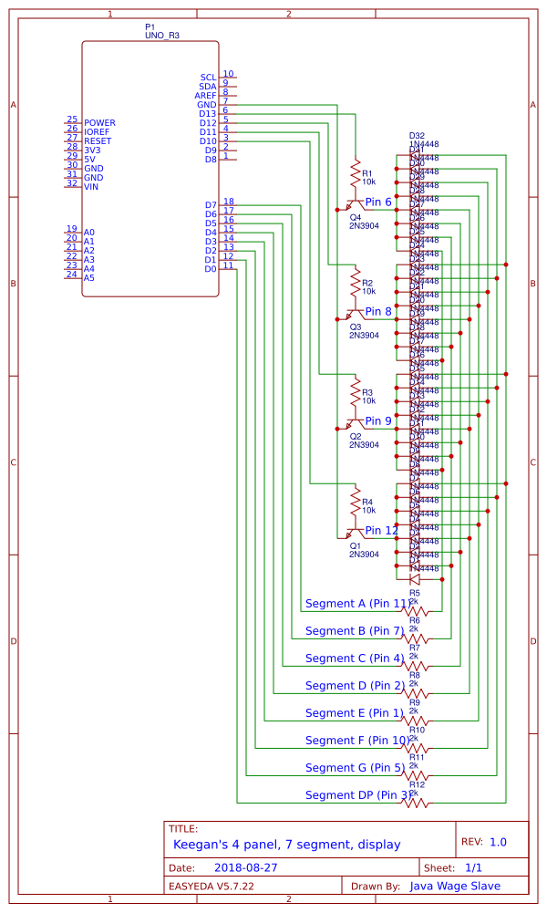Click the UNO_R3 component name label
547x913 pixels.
pos(162,34)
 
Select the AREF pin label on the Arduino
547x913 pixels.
pos(205,96)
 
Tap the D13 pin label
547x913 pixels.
pos(208,114)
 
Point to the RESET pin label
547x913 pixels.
pos(98,141)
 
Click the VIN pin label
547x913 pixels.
pos(90,187)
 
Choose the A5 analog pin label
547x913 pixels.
pos(89,277)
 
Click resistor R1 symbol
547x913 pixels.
pos(356,172)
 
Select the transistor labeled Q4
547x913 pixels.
pos(352,205)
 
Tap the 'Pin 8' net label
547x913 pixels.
pos(378,311)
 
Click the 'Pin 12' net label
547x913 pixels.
pos(381,530)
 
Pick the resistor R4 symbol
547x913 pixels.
pos(356,501)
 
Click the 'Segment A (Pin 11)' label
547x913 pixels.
pos(356,604)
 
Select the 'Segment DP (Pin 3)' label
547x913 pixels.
pos(357,795)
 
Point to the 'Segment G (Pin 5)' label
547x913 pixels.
pos(354,768)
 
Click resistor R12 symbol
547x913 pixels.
pos(417,803)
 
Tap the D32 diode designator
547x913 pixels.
pos(417,135)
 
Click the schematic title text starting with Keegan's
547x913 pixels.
pos(286,845)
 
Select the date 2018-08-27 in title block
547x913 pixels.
pos(246,867)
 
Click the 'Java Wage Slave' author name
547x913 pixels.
pos(455,886)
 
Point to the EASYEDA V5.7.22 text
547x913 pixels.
pos(212,886)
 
